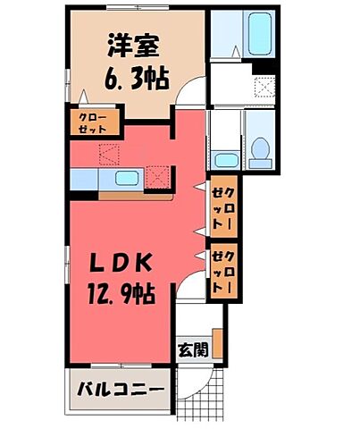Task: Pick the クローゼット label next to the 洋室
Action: [x=87, y=122]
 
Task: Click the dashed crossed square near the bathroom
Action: [x=264, y=87]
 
